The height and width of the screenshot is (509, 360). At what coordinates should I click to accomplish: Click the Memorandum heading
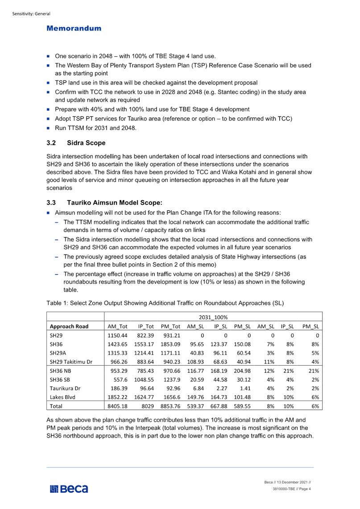[x=74, y=29]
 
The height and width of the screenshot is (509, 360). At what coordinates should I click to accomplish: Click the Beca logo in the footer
[x=69, y=489]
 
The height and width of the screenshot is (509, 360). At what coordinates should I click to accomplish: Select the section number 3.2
[x=51, y=143]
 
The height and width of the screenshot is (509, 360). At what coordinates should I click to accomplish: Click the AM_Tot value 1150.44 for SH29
[x=117, y=335]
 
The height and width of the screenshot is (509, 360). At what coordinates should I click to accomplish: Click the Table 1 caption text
[x=165, y=303]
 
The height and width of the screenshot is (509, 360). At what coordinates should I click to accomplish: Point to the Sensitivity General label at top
[x=31, y=14]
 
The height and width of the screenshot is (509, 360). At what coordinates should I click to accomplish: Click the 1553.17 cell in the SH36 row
[x=145, y=344]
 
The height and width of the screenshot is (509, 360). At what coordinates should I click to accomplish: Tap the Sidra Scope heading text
[x=86, y=143]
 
